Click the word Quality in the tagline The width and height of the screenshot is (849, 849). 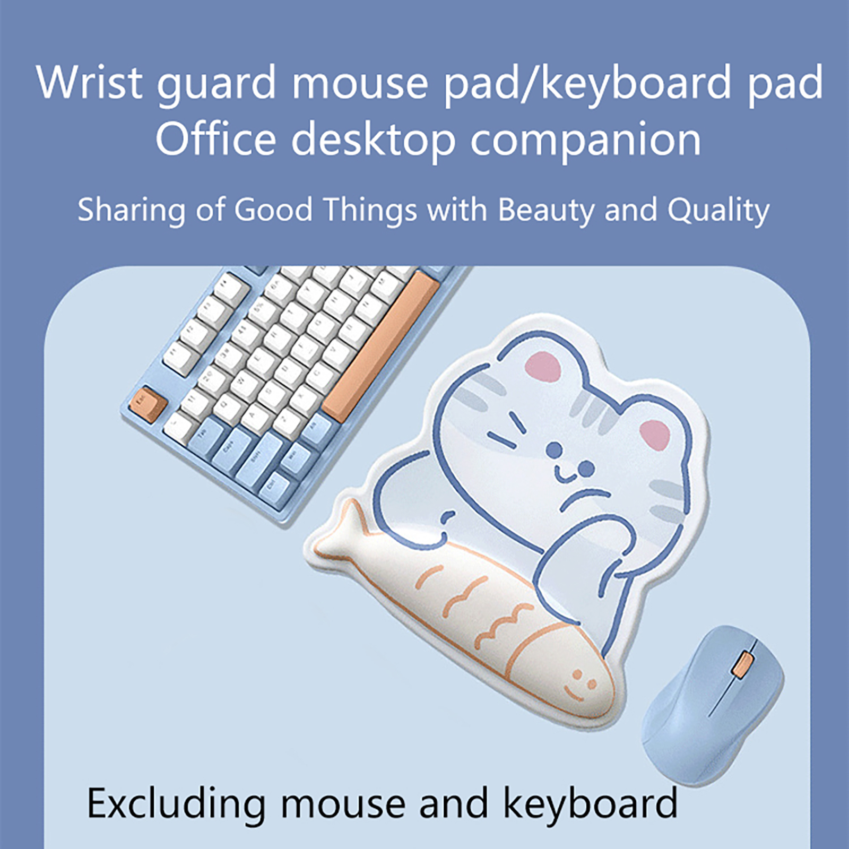tap(718, 210)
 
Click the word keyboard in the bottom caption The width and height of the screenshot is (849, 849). tap(590, 803)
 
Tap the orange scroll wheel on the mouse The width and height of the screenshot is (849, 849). tap(742, 665)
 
